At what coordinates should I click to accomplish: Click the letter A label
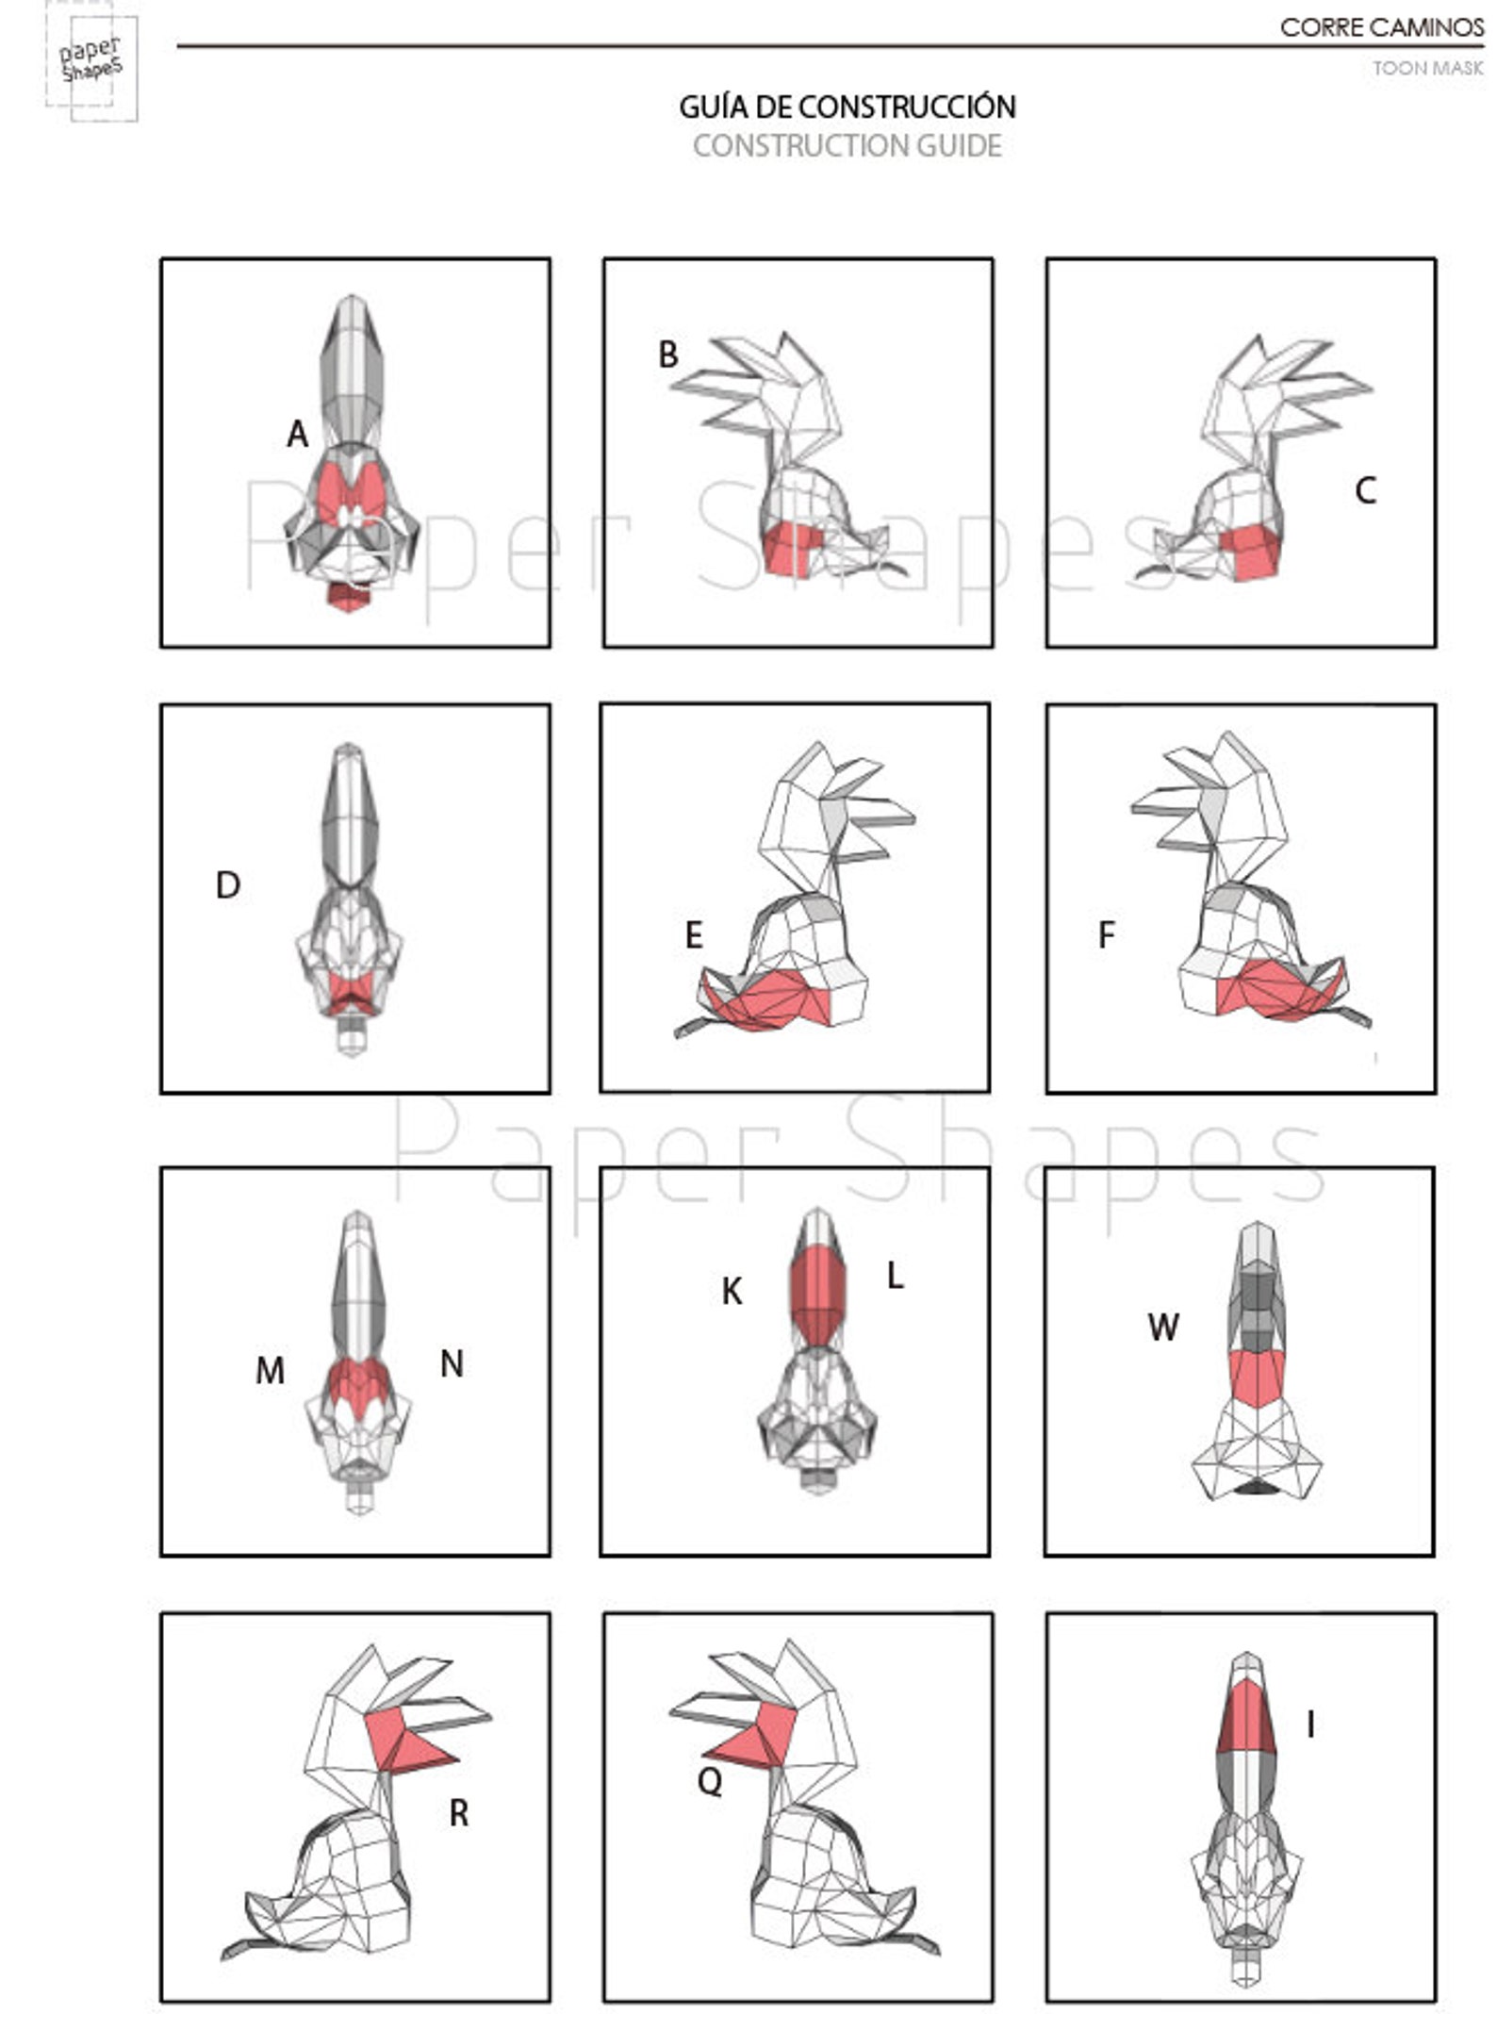click(297, 435)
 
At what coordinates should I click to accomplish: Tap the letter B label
click(667, 355)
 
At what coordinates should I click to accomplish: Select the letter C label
click(1365, 491)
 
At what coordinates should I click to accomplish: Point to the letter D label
click(227, 885)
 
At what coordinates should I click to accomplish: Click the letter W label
click(1162, 1328)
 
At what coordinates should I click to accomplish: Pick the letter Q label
click(709, 1781)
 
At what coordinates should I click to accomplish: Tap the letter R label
click(458, 1812)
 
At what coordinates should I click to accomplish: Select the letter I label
click(1310, 1725)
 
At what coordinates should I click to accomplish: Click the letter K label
click(732, 1292)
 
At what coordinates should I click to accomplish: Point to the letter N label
click(452, 1363)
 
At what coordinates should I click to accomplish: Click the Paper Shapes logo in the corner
click(91, 61)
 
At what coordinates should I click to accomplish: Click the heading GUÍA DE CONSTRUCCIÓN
click(847, 107)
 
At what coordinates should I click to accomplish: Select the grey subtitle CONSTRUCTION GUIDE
click(847, 146)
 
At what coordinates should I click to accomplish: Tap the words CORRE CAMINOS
click(1381, 28)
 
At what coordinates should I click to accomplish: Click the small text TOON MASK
click(1427, 68)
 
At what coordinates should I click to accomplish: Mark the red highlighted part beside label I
click(1246, 1722)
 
